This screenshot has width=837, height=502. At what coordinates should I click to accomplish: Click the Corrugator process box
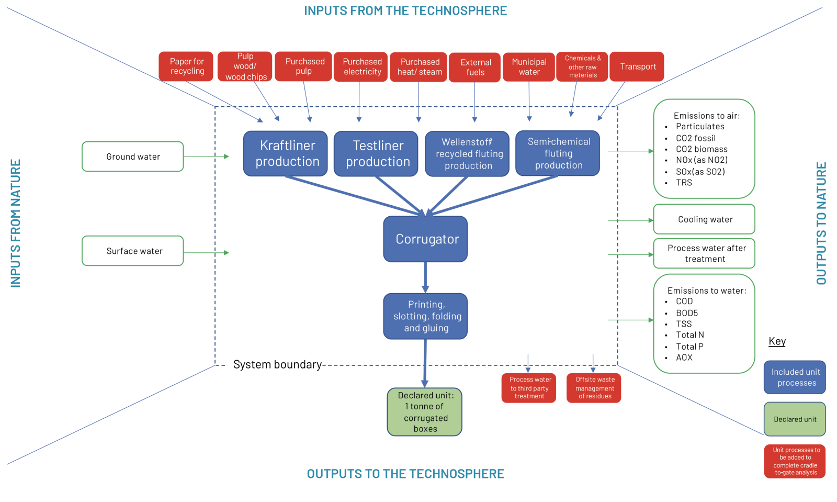pyautogui.click(x=425, y=239)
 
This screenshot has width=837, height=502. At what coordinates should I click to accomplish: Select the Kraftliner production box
pyautogui.click(x=286, y=153)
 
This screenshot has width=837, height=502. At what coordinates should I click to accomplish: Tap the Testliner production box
pyautogui.click(x=376, y=153)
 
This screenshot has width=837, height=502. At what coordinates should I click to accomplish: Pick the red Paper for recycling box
pyautogui.click(x=186, y=66)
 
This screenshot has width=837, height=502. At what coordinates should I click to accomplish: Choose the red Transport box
pyautogui.click(x=637, y=66)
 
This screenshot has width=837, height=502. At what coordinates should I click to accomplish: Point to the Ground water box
pyautogui.click(x=133, y=157)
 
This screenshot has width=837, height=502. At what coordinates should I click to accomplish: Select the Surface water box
pyautogui.click(x=133, y=251)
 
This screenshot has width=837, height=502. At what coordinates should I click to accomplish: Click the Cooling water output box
pyautogui.click(x=704, y=219)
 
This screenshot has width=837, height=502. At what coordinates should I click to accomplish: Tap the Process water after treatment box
pyautogui.click(x=704, y=253)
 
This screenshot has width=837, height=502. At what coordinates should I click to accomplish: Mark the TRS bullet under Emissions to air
pyautogui.click(x=684, y=183)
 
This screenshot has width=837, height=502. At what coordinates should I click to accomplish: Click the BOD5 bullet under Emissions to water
pyautogui.click(x=687, y=313)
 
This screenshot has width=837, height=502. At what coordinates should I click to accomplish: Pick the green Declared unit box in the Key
pyautogui.click(x=795, y=419)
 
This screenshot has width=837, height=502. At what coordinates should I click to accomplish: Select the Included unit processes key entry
pyautogui.click(x=795, y=377)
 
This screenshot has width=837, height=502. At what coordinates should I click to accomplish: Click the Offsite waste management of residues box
pyautogui.click(x=594, y=388)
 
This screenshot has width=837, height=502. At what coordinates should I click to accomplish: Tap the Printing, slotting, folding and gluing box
pyautogui.click(x=425, y=316)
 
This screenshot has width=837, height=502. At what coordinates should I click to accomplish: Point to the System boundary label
pyautogui.click(x=277, y=364)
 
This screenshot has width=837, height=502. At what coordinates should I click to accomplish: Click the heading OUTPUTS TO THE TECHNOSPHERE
pyautogui.click(x=405, y=474)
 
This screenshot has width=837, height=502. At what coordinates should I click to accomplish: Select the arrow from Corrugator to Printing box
pyautogui.click(x=425, y=277)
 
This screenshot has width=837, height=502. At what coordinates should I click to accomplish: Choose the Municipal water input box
pyautogui.click(x=529, y=67)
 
